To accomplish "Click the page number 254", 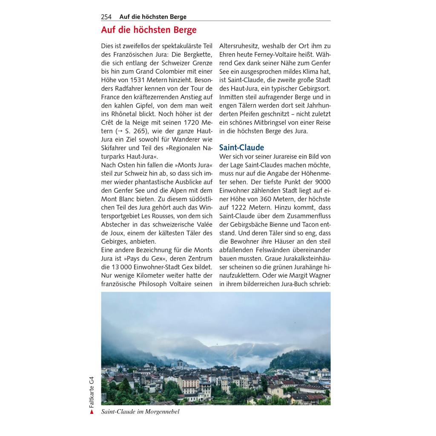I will (106, 17).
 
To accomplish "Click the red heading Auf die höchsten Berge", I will (149, 30).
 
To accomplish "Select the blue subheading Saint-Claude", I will (241, 147).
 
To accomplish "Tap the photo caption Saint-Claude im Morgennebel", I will (140, 412).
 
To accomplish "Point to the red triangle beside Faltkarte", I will (91, 411).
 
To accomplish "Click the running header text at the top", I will (153, 17).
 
